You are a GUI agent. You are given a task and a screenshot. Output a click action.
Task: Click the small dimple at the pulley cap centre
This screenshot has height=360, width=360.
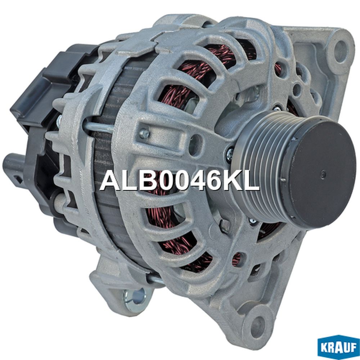(x=324, y=174)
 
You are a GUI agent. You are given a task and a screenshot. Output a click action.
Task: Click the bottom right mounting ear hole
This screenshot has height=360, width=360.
(x=258, y=324)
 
